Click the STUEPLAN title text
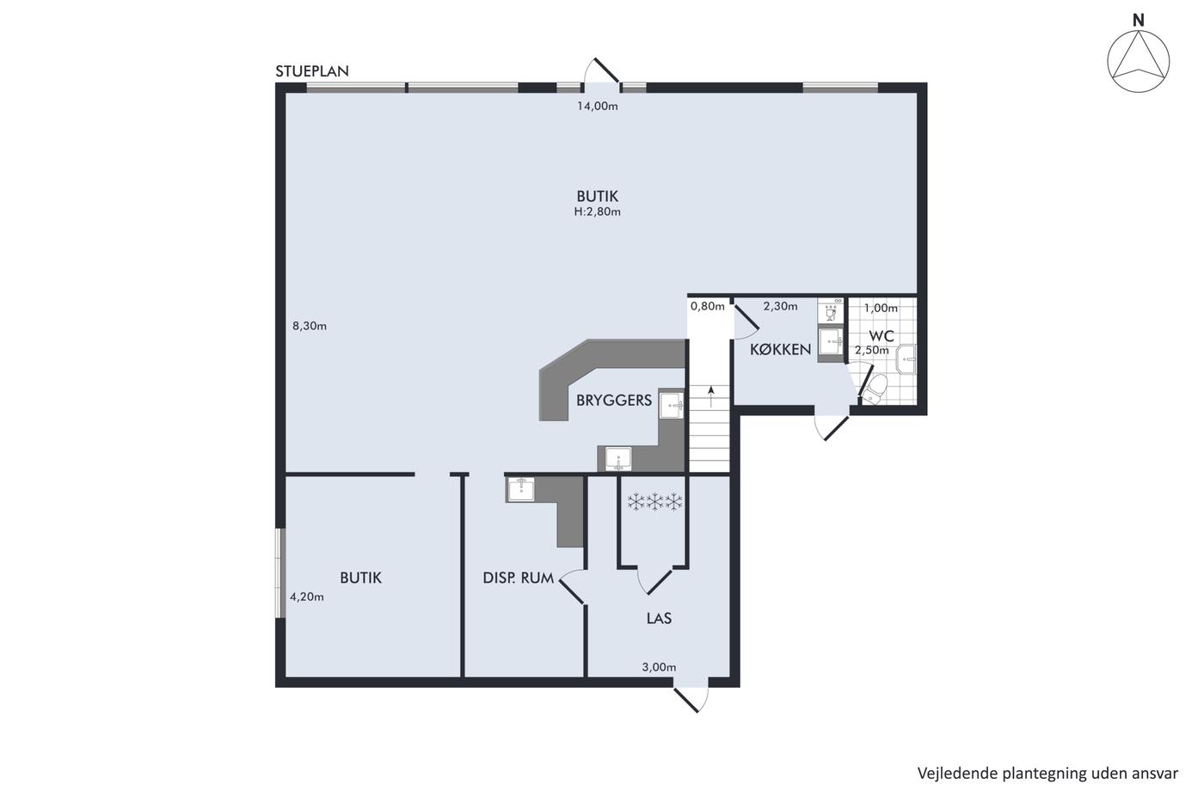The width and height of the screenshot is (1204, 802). click(x=311, y=70)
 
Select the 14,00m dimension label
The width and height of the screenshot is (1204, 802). click(x=597, y=107)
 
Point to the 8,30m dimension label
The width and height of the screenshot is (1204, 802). click(x=309, y=326)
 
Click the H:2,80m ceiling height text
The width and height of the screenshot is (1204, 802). click(x=597, y=211)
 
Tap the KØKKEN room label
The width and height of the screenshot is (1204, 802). click(x=781, y=350)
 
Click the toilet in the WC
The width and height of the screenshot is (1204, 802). click(x=874, y=389)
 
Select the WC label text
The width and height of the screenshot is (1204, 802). click(x=881, y=336)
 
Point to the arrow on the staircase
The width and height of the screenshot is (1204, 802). click(x=711, y=396)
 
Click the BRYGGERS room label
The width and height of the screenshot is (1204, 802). click(x=614, y=401)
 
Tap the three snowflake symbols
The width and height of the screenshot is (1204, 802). click(x=654, y=502)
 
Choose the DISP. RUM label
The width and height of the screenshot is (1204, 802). click(x=518, y=578)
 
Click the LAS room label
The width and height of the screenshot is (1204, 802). click(x=659, y=618)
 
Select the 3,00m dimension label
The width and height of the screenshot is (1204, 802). click(x=659, y=667)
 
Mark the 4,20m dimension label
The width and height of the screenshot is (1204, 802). click(x=307, y=597)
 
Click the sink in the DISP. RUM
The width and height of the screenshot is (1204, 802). click(x=520, y=489)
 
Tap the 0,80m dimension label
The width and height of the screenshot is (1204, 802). click(x=707, y=307)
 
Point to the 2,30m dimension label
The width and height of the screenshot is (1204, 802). click(x=781, y=307)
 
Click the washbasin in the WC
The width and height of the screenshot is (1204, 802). click(x=906, y=358)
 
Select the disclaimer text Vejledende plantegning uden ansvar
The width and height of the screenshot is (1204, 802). click(x=1047, y=774)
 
